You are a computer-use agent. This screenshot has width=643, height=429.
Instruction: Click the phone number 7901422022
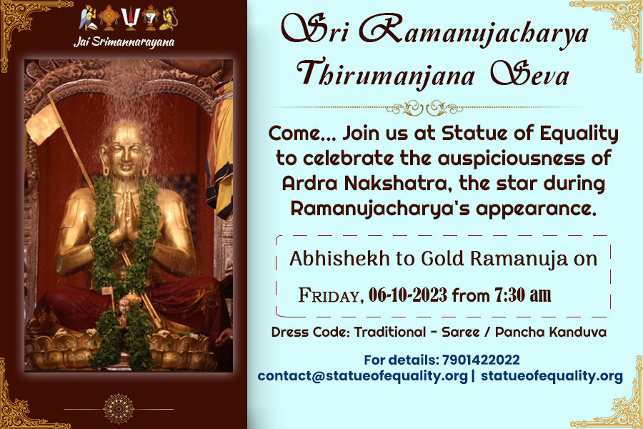(481, 360)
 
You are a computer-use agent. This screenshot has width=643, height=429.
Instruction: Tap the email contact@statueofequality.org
(362, 376)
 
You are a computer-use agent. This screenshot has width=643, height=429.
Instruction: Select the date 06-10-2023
(408, 295)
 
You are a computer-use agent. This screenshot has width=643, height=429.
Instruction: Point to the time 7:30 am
(522, 295)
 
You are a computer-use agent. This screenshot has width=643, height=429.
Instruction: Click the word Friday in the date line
(331, 295)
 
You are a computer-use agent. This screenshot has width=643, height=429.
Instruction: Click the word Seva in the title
(530, 73)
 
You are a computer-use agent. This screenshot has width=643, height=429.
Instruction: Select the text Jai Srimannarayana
(124, 42)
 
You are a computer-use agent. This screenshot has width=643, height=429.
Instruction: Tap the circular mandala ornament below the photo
(118, 408)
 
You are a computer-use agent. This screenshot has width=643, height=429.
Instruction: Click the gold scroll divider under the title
(424, 109)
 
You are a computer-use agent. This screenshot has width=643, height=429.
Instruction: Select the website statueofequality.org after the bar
(552, 376)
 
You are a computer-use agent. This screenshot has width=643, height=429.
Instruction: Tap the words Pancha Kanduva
(551, 332)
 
